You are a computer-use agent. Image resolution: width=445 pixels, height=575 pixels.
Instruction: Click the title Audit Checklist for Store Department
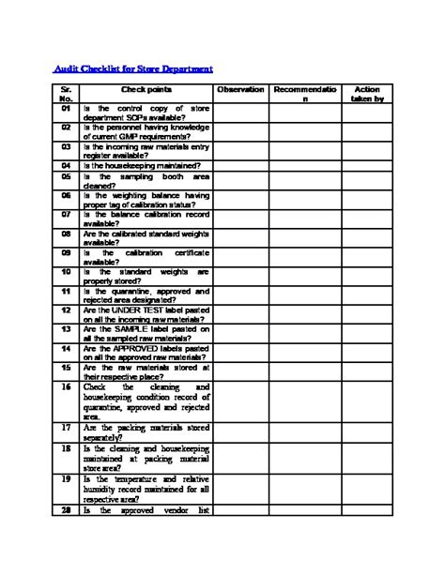(131, 68)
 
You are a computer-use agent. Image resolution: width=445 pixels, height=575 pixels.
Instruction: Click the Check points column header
(146, 89)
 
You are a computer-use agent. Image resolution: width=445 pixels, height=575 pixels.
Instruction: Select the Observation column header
(240, 89)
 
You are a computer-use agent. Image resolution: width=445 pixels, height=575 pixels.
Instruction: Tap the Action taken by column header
(367, 94)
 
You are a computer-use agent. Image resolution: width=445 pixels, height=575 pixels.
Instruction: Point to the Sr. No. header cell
(66, 94)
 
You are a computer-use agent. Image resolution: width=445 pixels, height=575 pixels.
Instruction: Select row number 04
(66, 165)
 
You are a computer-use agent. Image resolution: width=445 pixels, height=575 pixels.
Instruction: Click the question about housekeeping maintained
(141, 165)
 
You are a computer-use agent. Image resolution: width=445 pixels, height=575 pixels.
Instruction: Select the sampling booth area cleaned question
(146, 180)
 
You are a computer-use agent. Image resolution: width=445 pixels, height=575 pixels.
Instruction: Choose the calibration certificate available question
(146, 258)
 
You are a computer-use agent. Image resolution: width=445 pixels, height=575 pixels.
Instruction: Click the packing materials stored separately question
(146, 431)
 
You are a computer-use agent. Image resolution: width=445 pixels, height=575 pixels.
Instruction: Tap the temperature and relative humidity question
(146, 489)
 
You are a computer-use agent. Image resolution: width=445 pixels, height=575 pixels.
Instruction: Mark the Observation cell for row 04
(240, 165)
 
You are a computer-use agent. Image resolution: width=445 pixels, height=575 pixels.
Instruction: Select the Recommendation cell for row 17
(303, 431)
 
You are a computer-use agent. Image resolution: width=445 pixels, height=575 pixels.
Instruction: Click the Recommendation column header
(303, 94)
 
